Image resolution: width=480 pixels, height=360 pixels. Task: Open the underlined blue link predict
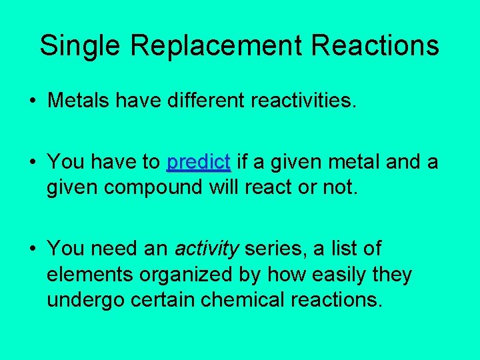coord(199,163)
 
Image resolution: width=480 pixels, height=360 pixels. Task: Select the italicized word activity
coord(207,249)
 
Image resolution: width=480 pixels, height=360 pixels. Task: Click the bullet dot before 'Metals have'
coord(32,101)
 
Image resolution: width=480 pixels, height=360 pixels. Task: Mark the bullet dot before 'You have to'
coord(32,163)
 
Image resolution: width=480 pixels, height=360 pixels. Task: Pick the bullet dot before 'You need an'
coord(32,249)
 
